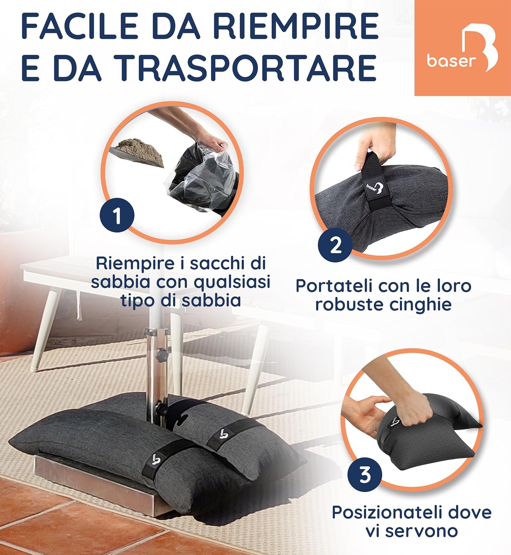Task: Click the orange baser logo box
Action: tap(462, 48)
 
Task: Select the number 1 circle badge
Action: tap(117, 216)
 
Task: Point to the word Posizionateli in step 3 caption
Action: tap(387, 513)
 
